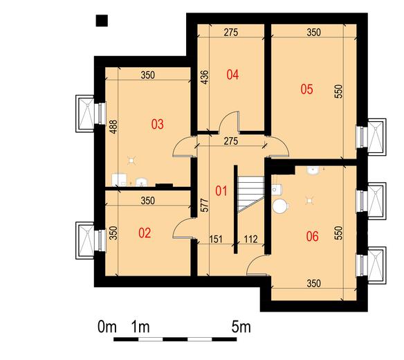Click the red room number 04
click(232, 75)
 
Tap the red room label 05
click(306, 89)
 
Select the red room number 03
click(157, 125)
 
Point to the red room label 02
click(145, 233)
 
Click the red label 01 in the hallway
click(221, 191)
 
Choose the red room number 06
click(312, 237)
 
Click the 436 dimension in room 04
click(205, 77)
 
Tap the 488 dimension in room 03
click(113, 127)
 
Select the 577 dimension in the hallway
click(205, 206)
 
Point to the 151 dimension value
click(216, 240)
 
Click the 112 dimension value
click(250, 240)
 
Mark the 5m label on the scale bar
click(241, 327)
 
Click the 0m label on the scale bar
click(107, 327)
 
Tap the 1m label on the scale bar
click(140, 327)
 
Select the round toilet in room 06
click(279, 206)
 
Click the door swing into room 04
click(229, 121)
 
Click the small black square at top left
click(102, 21)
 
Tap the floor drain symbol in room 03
click(131, 161)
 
